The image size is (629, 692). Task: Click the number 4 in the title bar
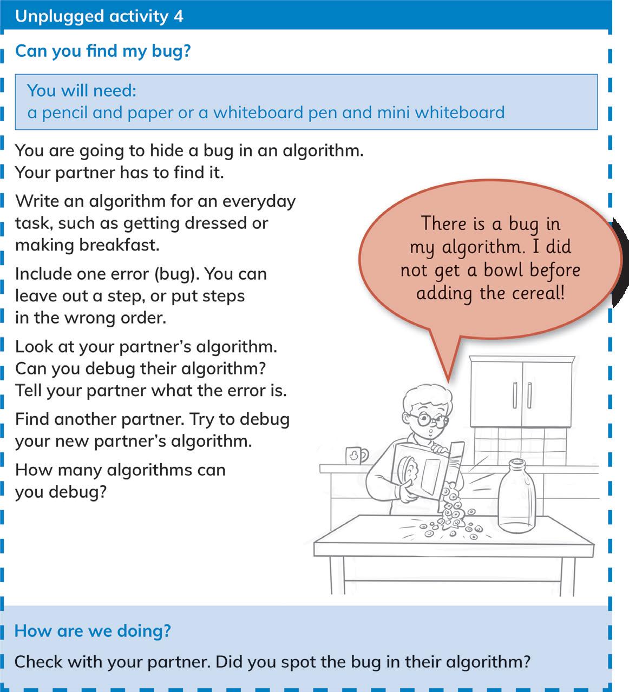point(178,16)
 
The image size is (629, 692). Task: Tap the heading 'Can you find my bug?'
point(103,51)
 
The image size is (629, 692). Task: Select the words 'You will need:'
point(82,90)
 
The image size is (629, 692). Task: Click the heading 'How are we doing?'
point(93,631)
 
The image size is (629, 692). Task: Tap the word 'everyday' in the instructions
point(259,201)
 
